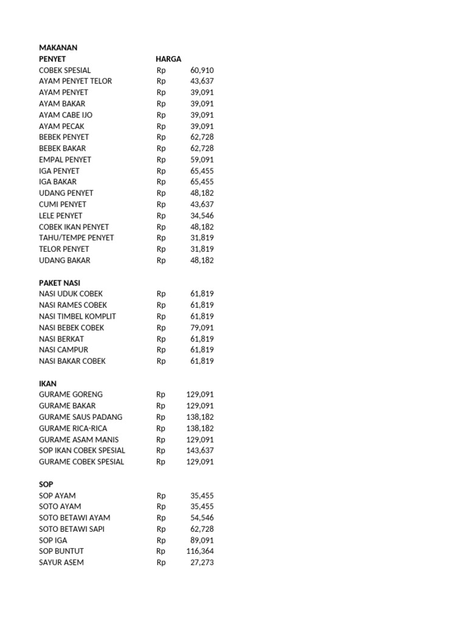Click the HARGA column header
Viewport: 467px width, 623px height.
[168, 59]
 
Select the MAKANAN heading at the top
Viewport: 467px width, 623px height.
[58, 47]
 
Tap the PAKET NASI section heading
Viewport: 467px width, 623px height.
[60, 283]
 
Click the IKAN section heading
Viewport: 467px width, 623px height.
[47, 384]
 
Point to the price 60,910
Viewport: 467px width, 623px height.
[202, 71]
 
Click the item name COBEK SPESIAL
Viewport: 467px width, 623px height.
[65, 71]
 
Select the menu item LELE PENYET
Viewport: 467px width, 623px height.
[61, 215]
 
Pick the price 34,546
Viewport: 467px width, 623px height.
[202, 215]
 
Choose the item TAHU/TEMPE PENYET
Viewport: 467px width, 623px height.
[77, 238]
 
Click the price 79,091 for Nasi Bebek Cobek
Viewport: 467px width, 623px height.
[202, 327]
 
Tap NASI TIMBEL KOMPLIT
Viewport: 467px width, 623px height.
[77, 316]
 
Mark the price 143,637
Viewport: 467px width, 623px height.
[200, 451]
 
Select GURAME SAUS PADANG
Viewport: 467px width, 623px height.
[80, 417]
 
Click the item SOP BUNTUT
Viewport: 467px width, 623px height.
[61, 551]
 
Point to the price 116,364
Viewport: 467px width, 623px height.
[200, 551]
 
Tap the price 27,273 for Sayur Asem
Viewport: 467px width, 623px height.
[202, 563]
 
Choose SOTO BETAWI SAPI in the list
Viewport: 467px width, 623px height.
[72, 529]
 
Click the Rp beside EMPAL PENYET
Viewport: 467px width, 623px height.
[161, 160]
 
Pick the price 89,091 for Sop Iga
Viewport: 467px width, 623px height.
[202, 540]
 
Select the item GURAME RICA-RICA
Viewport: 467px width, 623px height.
[73, 428]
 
